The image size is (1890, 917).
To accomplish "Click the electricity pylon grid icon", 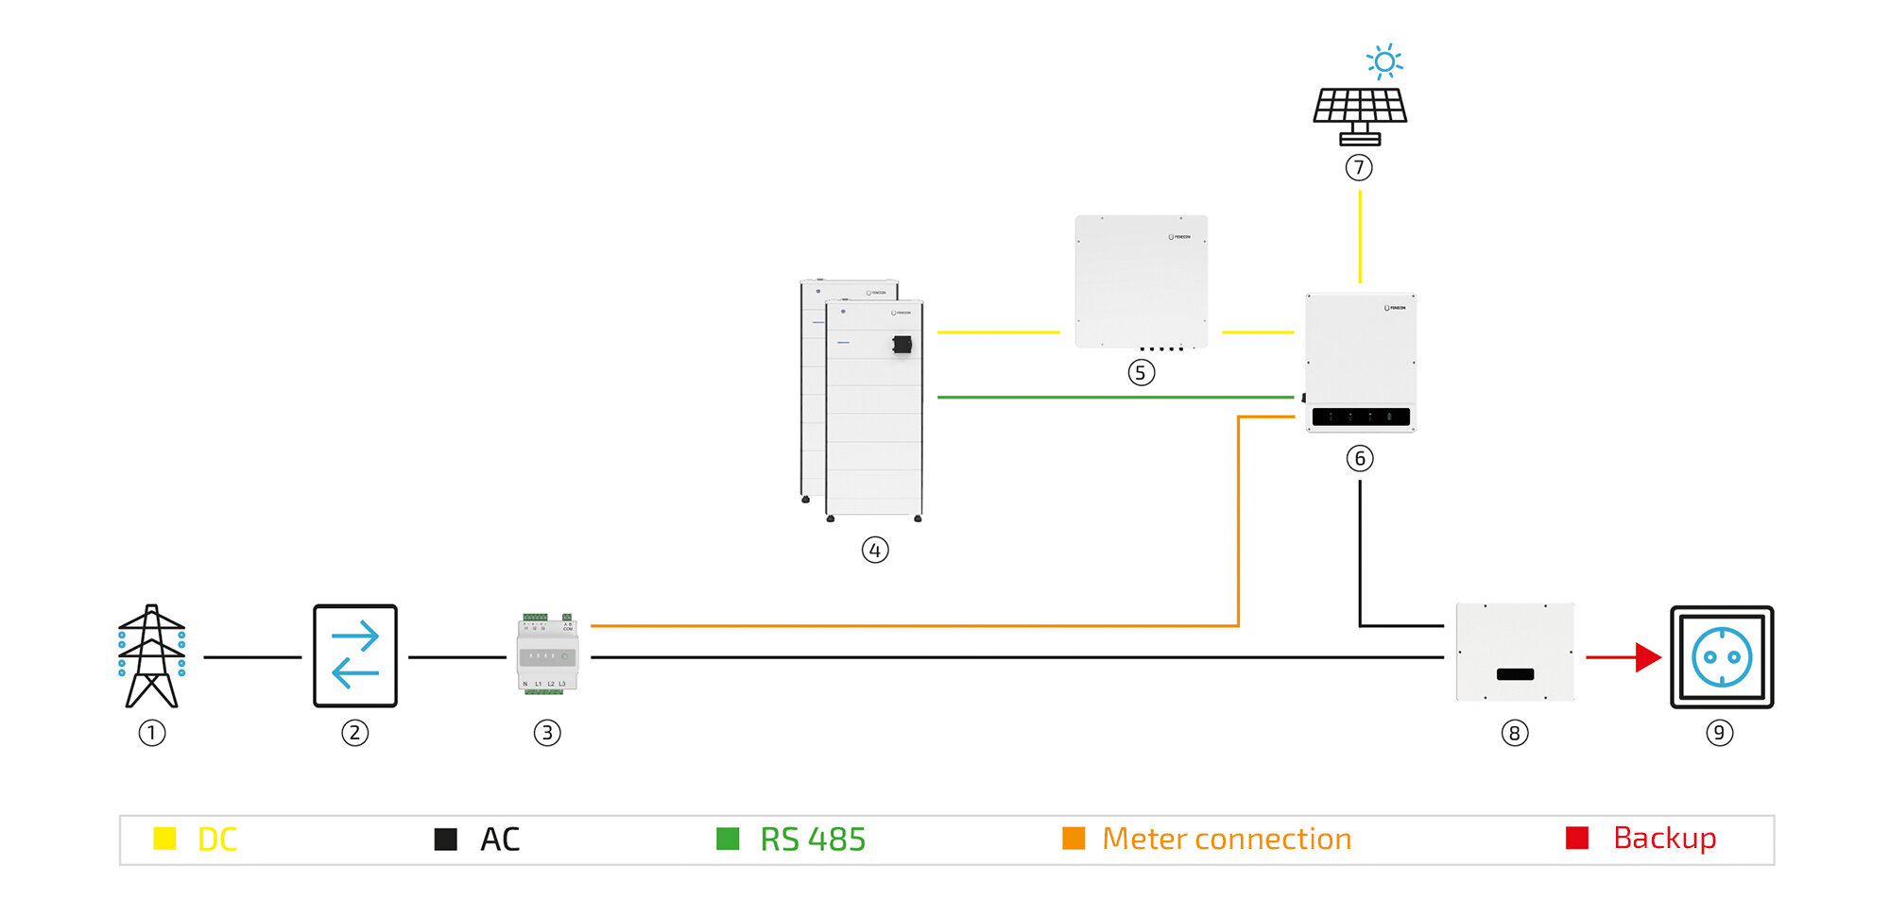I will click(151, 656).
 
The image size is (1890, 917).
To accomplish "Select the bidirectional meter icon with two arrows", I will click(355, 656).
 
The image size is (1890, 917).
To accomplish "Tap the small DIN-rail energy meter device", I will click(547, 655).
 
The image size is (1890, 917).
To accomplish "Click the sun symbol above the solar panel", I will click(1384, 61).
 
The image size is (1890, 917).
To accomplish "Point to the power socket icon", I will click(1721, 657).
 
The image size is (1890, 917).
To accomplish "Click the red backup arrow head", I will click(1648, 657).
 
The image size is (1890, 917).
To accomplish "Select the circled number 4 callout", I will click(875, 550).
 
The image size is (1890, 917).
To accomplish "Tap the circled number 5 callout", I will click(1141, 373).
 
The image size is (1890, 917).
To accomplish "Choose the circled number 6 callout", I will click(1360, 459).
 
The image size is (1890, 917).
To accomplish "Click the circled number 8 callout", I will click(1514, 733).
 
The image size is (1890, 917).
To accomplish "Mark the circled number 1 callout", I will click(151, 733).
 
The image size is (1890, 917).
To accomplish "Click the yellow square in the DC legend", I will click(164, 839).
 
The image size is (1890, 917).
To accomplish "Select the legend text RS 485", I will click(813, 840).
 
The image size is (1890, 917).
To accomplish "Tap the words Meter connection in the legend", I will click(1227, 839).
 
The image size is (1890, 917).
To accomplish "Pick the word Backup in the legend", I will click(1664, 839).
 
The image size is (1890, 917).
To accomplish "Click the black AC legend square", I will click(445, 840).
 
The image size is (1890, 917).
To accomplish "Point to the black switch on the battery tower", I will click(902, 345).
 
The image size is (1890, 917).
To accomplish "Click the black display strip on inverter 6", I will click(1361, 416).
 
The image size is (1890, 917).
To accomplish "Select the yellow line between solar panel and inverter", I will click(1360, 236).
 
